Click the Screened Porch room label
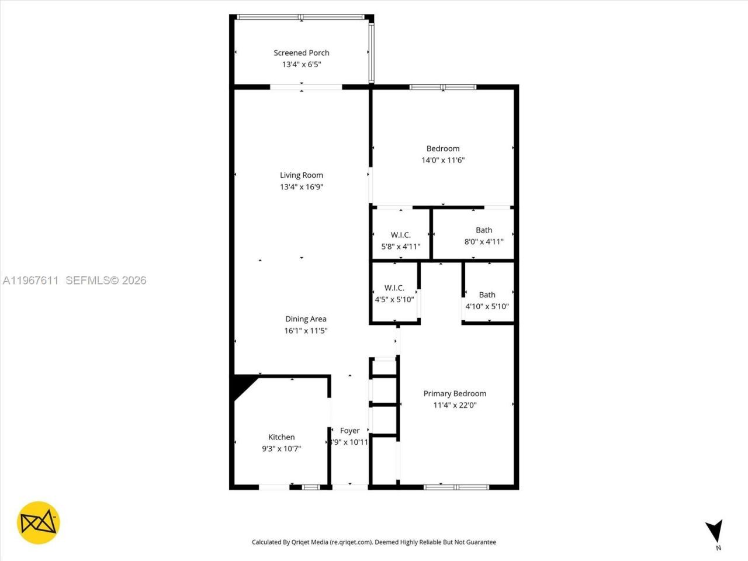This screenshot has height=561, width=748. (x=301, y=53)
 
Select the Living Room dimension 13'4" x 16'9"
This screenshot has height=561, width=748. (x=301, y=187)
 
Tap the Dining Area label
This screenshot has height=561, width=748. (x=306, y=319)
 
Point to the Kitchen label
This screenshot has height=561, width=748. (x=281, y=437)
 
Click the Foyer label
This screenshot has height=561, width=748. (x=349, y=431)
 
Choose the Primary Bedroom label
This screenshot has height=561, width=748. (x=455, y=393)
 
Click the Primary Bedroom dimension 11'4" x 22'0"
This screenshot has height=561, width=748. (x=455, y=405)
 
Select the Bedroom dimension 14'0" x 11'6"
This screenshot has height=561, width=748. (x=443, y=160)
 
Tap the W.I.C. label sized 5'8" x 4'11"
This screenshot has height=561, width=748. (x=400, y=235)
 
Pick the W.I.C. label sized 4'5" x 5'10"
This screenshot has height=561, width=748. (x=394, y=288)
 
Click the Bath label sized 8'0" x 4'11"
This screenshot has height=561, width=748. (x=484, y=230)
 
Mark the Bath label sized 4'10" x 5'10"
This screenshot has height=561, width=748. (x=487, y=295)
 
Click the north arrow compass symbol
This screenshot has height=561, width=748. (x=714, y=531)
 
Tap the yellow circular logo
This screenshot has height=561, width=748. (x=39, y=522)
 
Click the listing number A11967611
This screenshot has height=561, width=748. (x=30, y=280)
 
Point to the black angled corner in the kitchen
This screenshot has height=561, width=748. (x=241, y=386)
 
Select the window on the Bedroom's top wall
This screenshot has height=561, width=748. (x=443, y=88)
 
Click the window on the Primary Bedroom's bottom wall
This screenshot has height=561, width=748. (x=456, y=486)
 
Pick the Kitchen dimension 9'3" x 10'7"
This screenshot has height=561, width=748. (x=281, y=449)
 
